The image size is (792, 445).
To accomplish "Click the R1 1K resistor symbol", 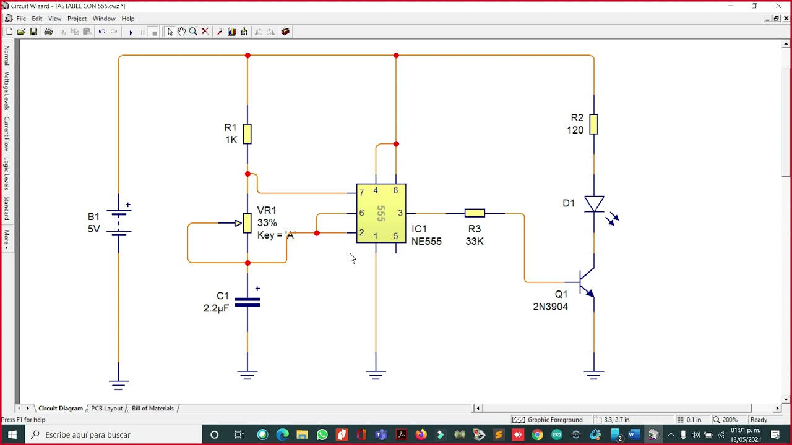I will (247, 133).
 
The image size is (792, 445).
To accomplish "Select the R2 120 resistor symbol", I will (593, 124).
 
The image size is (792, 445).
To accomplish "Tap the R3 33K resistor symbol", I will (475, 213).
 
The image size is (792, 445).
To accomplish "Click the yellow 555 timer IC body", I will (381, 213).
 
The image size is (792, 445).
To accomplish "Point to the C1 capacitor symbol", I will (247, 302).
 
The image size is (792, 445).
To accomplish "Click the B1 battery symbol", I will (119, 222).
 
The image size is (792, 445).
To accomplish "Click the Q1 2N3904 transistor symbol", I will (587, 282).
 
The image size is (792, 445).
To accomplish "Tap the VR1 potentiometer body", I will (247, 223).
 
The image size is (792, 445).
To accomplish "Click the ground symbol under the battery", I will (119, 384).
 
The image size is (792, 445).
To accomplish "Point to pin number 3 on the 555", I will (400, 213).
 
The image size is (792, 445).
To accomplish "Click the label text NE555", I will (426, 242).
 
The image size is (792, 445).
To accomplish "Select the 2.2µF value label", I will (216, 308).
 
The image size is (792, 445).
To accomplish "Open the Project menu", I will (77, 19).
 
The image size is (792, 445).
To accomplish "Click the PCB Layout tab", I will (107, 409).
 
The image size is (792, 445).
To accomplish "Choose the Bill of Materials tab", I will (153, 409).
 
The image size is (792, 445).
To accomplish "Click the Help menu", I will (128, 19).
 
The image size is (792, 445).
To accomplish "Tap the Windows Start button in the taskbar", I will (12, 435).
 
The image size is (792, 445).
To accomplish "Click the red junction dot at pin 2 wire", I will (317, 233).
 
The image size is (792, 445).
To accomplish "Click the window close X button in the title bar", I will (778, 6).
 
